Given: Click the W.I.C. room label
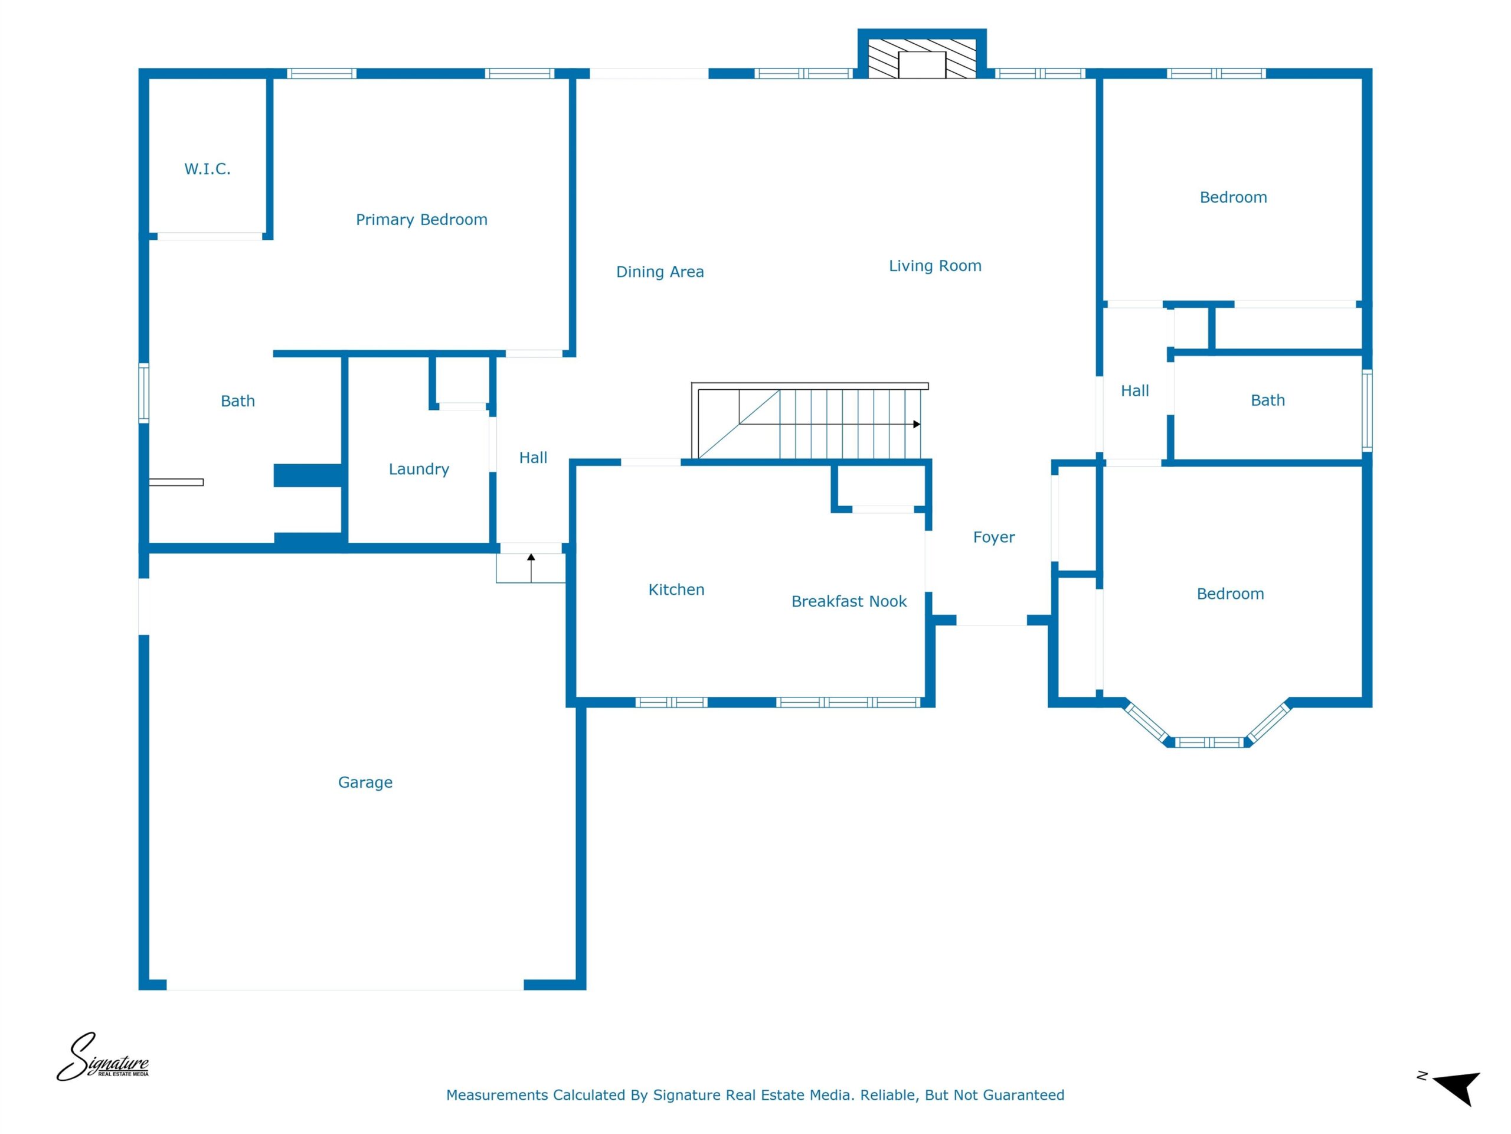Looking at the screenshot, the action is (x=207, y=169).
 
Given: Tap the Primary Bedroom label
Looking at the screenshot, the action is (x=421, y=220).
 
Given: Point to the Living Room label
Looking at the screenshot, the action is (x=934, y=266).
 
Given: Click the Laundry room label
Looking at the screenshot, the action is (x=418, y=469).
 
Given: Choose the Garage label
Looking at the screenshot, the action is (x=365, y=782).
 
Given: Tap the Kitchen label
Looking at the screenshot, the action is (x=676, y=589).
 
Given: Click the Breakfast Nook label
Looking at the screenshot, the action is (x=849, y=601).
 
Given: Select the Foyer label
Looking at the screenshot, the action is (x=994, y=537).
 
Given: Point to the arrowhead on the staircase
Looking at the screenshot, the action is (x=917, y=425).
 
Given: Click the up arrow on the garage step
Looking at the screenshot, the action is (x=531, y=568).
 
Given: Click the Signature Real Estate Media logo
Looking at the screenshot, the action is (x=103, y=1057).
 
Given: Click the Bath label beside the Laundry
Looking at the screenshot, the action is (x=238, y=401).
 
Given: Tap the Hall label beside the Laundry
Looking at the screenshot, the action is (x=533, y=458).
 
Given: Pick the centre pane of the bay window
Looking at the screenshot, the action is (x=1208, y=742).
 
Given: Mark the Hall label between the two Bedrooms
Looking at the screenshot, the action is (x=1134, y=391).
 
